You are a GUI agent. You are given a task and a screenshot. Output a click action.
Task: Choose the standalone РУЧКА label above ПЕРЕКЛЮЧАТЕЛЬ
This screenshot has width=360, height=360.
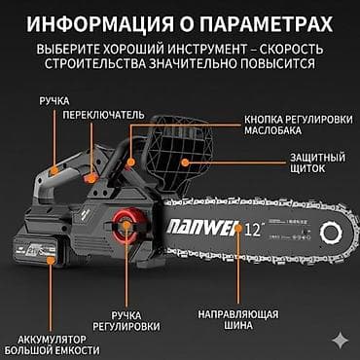click(54, 100)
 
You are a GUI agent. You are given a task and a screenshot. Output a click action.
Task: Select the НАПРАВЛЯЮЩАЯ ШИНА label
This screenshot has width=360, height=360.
click(237, 322)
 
